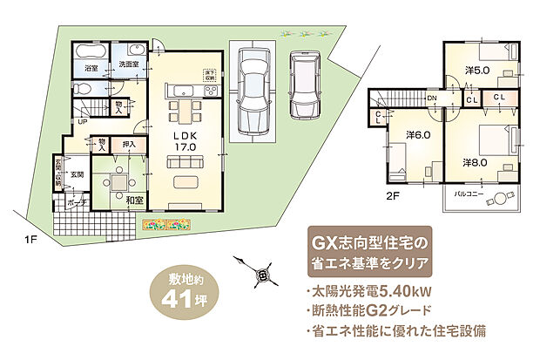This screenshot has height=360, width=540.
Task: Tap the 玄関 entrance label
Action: click(76, 174)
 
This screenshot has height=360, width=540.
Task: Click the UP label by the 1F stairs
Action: click(83, 121)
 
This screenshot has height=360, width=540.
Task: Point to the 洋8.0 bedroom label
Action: click(476, 160)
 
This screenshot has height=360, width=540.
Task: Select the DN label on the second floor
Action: click(432, 98)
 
